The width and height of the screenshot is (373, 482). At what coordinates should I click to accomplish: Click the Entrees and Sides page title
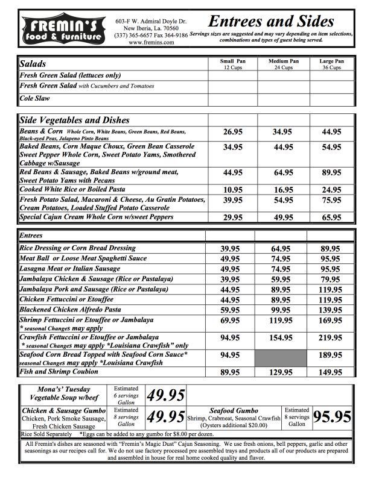click(x=270, y=22)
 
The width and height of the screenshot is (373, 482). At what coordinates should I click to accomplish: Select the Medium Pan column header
click(x=282, y=64)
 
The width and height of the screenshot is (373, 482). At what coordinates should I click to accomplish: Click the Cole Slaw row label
click(x=35, y=98)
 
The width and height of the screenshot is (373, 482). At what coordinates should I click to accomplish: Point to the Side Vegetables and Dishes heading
click(x=74, y=120)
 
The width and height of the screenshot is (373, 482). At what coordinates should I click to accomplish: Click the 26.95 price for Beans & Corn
click(x=232, y=132)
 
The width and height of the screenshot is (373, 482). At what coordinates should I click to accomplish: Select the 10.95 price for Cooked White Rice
click(x=232, y=189)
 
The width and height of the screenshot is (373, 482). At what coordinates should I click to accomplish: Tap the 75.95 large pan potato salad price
click(x=331, y=201)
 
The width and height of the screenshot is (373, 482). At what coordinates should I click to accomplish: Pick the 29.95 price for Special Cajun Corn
click(x=232, y=218)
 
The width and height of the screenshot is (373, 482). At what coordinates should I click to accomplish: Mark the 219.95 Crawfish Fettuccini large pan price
click(x=331, y=338)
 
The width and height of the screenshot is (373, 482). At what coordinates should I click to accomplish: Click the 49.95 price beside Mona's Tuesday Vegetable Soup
click(x=166, y=395)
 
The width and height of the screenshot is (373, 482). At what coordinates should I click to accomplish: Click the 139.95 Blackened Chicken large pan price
click(x=331, y=309)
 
